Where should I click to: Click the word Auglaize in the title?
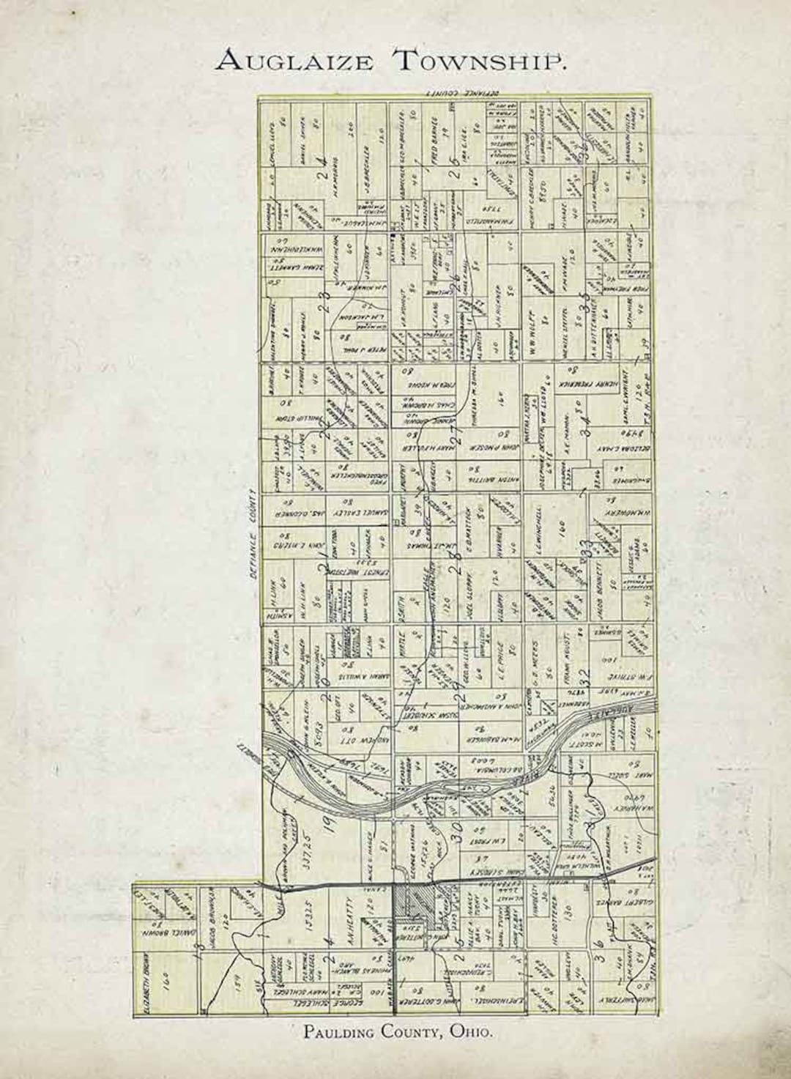[294, 60]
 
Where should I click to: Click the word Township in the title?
[481, 60]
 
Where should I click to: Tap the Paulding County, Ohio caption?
[398, 1032]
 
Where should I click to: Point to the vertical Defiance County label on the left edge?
[250, 534]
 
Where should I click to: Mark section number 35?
[584, 301]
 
